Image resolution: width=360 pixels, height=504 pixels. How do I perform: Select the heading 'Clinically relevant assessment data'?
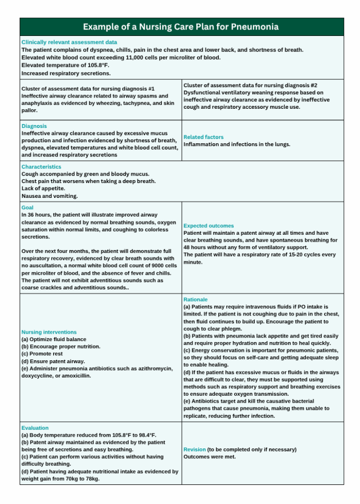click(x=69, y=42)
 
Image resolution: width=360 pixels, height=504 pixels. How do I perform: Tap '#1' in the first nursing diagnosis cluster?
click(x=150, y=89)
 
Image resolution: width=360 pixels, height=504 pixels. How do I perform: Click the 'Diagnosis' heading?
click(x=34, y=126)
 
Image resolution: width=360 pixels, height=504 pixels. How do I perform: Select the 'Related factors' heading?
click(x=204, y=137)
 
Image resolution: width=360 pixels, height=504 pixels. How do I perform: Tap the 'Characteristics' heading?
click(x=41, y=167)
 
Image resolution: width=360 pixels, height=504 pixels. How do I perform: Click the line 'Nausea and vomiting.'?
click(x=50, y=196)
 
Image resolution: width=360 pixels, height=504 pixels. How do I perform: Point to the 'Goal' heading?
click(x=28, y=208)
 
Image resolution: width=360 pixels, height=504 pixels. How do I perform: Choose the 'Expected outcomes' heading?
click(x=209, y=225)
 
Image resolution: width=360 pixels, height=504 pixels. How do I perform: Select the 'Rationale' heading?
click(x=196, y=299)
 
